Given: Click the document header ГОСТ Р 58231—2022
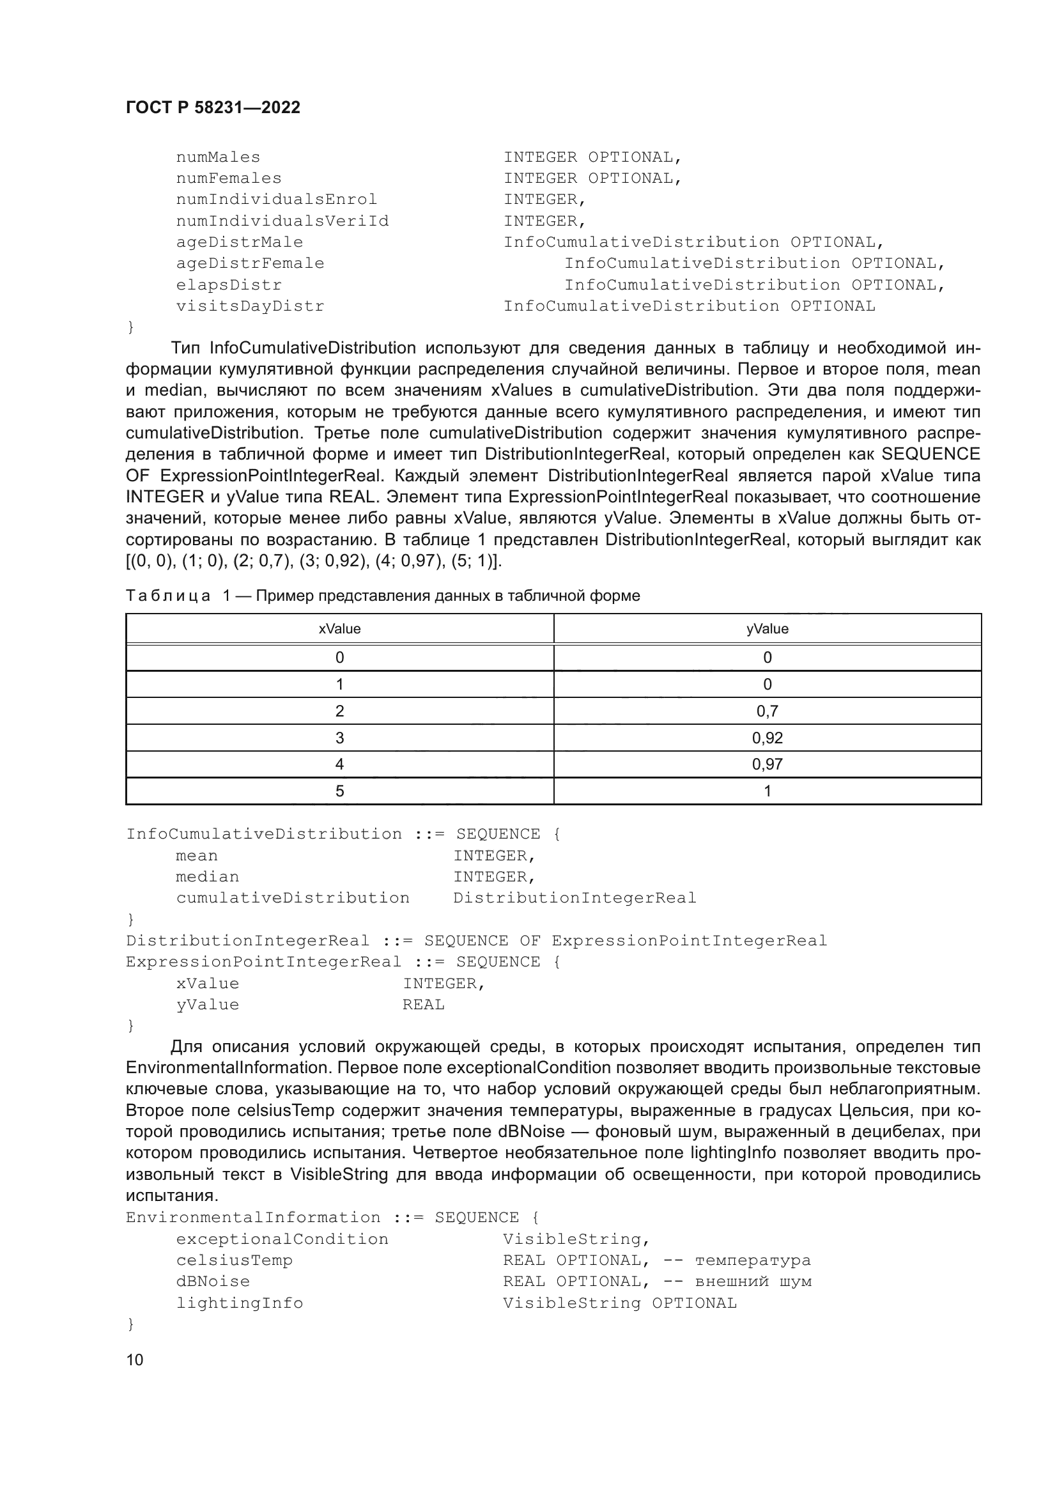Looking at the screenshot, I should [x=213, y=108].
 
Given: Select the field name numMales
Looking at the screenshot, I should [x=218, y=158].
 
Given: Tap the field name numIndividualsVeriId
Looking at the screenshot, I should [x=282, y=221].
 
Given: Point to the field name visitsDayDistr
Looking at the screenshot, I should [x=250, y=306].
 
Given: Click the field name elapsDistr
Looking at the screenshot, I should [x=229, y=285].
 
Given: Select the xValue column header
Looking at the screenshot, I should [x=339, y=629].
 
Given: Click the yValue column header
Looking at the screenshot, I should [x=767, y=629].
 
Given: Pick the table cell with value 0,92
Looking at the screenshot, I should [x=767, y=738].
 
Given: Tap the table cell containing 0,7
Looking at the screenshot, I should [x=767, y=711].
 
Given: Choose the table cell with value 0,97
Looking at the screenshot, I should [x=767, y=764].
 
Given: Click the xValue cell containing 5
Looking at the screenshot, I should [x=339, y=791].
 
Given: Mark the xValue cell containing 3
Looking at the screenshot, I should [x=339, y=738].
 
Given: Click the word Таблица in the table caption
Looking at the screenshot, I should [x=168, y=596].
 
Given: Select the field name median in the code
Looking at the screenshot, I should [x=208, y=877].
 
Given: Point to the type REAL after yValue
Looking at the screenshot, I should [x=423, y=1005].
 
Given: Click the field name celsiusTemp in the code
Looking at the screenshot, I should [x=235, y=1260].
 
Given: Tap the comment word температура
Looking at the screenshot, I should [x=752, y=1260].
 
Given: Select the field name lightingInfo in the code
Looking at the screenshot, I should [x=240, y=1303].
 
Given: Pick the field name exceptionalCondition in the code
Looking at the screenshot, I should [x=282, y=1239].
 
